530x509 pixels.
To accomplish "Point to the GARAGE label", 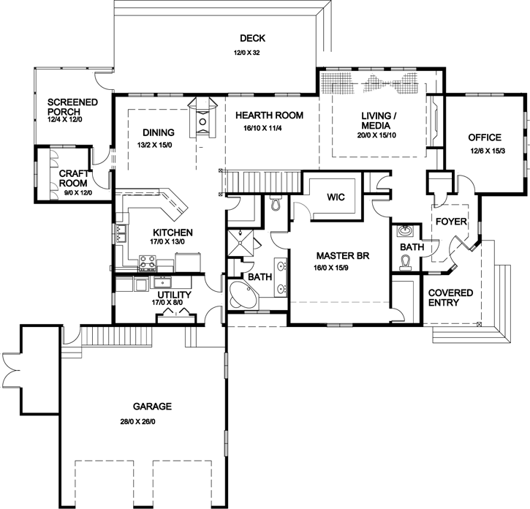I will (x=152, y=406).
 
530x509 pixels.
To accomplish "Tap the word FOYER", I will (x=447, y=221).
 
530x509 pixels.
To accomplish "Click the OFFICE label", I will (x=484, y=137).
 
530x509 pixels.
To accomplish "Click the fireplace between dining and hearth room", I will (x=203, y=118).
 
